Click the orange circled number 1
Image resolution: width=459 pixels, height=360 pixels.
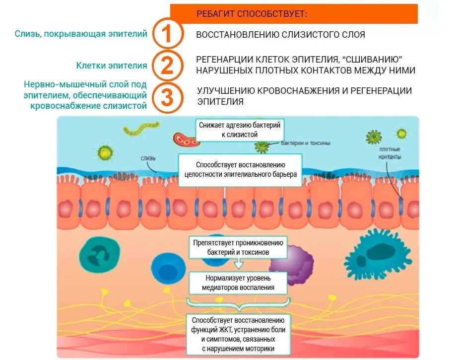pos(167,34)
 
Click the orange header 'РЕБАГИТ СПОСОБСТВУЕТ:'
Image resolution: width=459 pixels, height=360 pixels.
pos(294,14)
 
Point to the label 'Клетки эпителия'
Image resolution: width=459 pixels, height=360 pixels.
pos(112,66)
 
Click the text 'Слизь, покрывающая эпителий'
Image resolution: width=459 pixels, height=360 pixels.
pos(81,34)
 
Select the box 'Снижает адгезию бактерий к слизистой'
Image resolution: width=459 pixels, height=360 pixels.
pos(240,130)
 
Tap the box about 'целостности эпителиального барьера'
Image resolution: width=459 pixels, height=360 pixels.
pos(240,169)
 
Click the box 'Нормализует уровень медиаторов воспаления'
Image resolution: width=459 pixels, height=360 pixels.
pos(238,283)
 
